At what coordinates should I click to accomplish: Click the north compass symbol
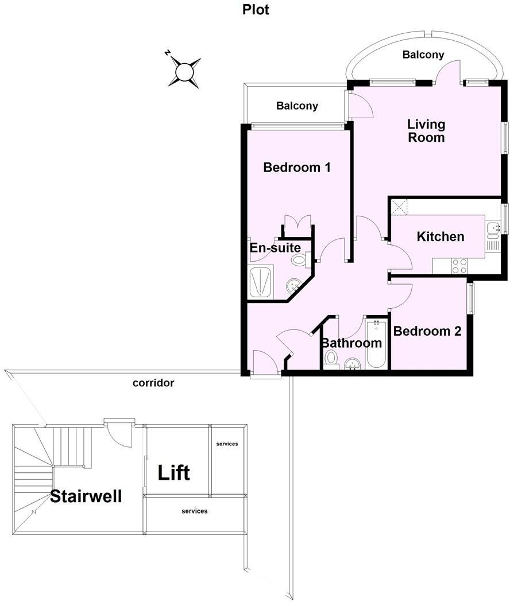184,72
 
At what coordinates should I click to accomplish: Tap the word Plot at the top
256,10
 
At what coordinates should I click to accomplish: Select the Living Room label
426,131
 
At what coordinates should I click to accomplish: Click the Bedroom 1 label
297,168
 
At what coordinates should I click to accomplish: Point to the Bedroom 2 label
427,331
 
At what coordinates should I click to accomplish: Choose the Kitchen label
441,236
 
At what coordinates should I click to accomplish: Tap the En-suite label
275,248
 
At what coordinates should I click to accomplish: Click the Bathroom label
351,343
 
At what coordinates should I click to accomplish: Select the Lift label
174,473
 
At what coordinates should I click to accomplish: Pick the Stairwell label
86,496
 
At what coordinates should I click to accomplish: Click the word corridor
153,383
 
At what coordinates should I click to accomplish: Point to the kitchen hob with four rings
459,266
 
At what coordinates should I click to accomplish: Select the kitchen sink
493,230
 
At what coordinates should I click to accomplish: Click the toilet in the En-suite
299,260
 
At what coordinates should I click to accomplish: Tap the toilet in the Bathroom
331,359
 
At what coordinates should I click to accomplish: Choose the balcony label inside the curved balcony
423,55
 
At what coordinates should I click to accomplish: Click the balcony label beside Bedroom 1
297,106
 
